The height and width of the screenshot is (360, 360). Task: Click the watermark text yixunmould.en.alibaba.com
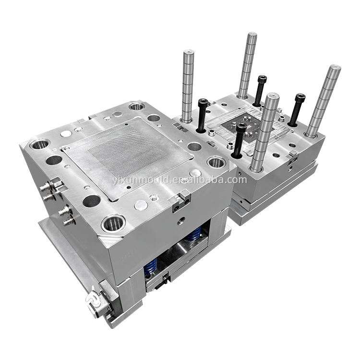[180, 180]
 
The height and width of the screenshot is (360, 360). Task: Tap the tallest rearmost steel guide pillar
[247, 65]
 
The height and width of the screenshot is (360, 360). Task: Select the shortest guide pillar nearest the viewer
[264, 132]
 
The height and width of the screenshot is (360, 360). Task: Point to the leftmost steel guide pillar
[189, 85]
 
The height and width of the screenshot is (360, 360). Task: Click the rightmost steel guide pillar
[323, 101]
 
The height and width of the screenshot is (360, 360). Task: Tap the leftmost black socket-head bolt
[202, 115]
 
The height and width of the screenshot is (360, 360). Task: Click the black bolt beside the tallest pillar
[260, 90]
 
